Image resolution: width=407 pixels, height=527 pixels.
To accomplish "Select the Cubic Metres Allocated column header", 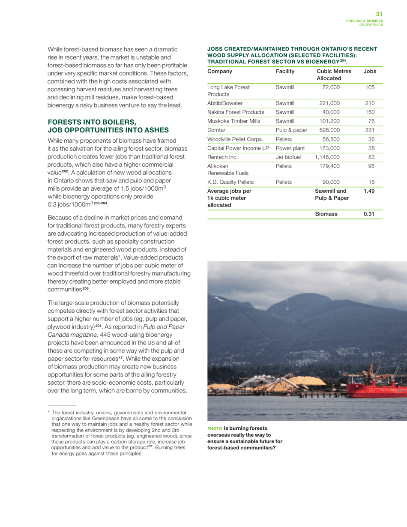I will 333,75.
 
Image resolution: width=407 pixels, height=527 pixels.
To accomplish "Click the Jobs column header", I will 369,71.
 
